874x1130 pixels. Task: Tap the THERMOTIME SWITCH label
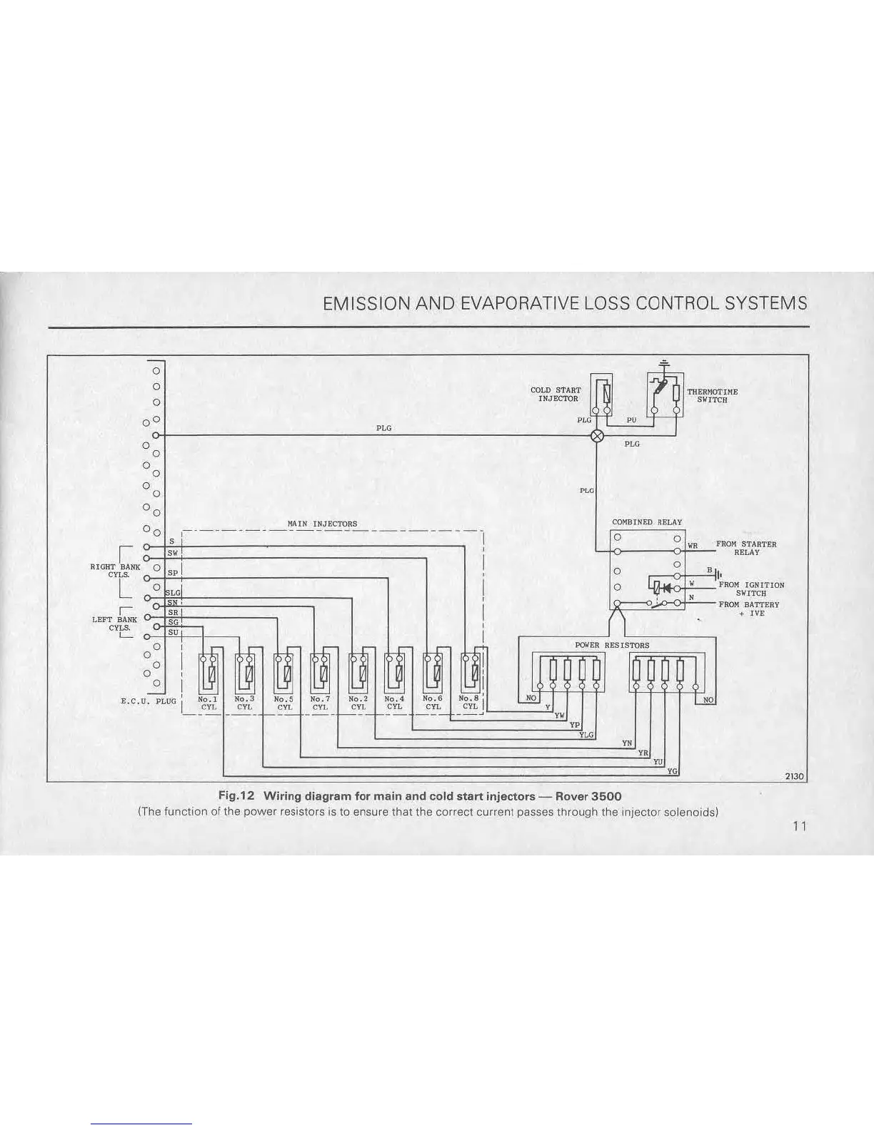click(712, 395)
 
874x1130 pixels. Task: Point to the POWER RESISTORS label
click(612, 645)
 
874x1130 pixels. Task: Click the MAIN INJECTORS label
click(322, 524)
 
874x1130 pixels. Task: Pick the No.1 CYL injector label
click(208, 703)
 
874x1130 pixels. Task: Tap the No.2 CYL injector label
click(358, 703)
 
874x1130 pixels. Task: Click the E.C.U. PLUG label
click(148, 701)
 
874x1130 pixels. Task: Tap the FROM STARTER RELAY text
click(746, 548)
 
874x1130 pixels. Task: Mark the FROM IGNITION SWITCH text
click(751, 589)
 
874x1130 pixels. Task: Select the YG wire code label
click(672, 771)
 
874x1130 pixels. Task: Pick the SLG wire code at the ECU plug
click(173, 593)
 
